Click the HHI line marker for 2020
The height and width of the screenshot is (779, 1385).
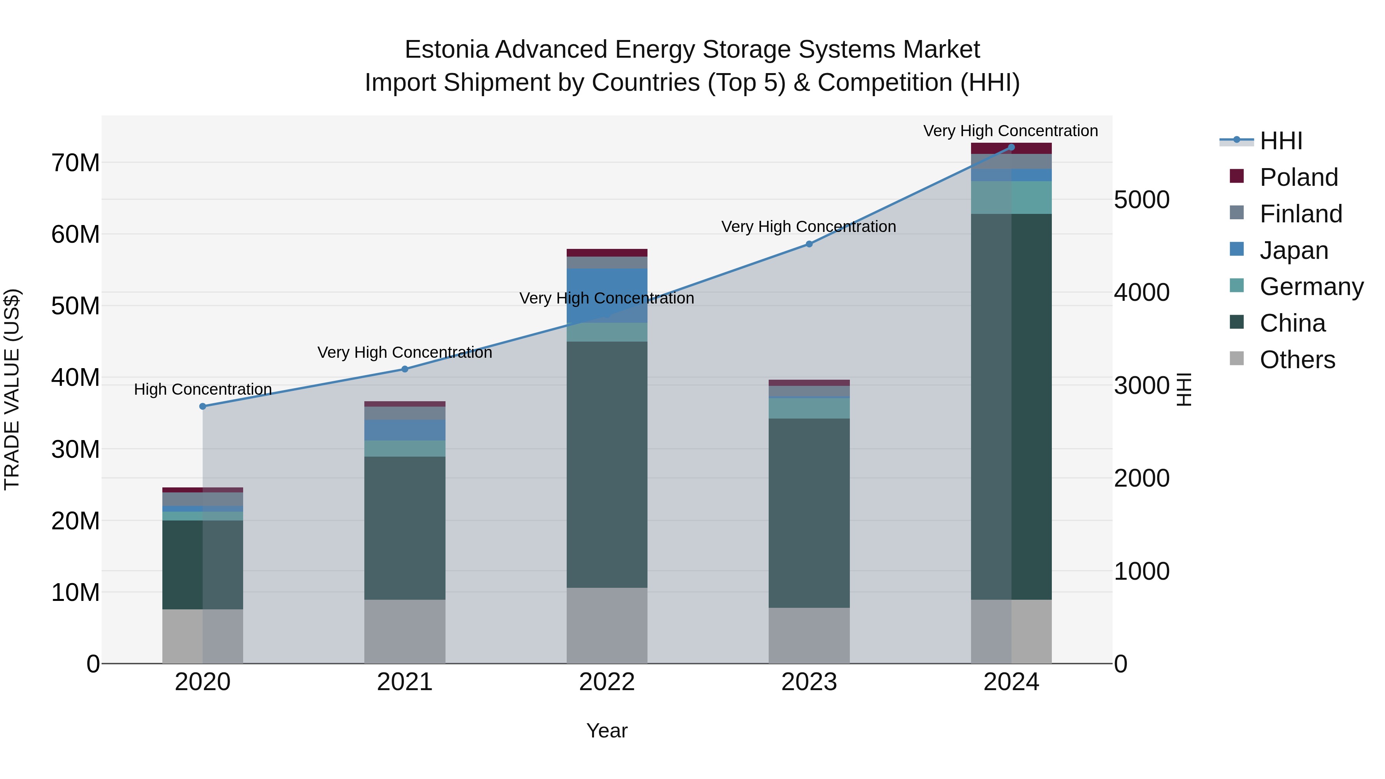203,407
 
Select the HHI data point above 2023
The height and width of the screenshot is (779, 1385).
809,244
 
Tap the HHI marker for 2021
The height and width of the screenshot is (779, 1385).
405,369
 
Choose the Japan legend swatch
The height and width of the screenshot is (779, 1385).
1236,249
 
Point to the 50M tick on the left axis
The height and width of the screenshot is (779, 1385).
75,306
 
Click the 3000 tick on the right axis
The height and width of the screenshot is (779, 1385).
1141,385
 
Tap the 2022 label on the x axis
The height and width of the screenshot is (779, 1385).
607,682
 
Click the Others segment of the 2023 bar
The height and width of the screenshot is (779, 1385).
809,636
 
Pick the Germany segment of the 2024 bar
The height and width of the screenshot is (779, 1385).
1011,197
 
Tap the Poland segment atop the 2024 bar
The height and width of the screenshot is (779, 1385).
1011,148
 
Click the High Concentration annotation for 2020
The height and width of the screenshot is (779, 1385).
203,389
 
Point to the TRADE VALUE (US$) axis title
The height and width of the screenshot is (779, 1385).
12,389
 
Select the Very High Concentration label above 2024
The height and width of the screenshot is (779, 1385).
1010,131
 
